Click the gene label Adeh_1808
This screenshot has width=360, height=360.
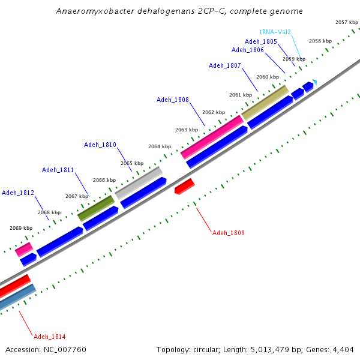coord(173,100)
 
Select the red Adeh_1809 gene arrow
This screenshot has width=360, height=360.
coord(185,187)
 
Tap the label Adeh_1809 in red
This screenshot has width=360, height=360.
coord(229,233)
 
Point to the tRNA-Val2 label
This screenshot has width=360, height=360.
coord(275,32)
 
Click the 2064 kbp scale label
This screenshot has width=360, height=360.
coord(160,146)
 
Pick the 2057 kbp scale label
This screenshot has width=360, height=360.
coord(346,22)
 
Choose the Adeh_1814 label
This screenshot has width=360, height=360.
coord(50,337)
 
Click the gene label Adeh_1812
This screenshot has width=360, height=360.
coord(18,193)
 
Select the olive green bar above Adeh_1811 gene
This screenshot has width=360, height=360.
coord(96,208)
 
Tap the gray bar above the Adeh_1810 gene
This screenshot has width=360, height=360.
coord(139,183)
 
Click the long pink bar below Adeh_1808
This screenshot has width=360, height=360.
coord(212,137)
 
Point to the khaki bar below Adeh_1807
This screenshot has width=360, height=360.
coord(265,102)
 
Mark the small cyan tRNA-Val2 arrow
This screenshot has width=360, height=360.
coord(314,82)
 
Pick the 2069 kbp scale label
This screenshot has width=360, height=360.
coord(20,228)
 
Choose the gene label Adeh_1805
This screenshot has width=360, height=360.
coord(261,41)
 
